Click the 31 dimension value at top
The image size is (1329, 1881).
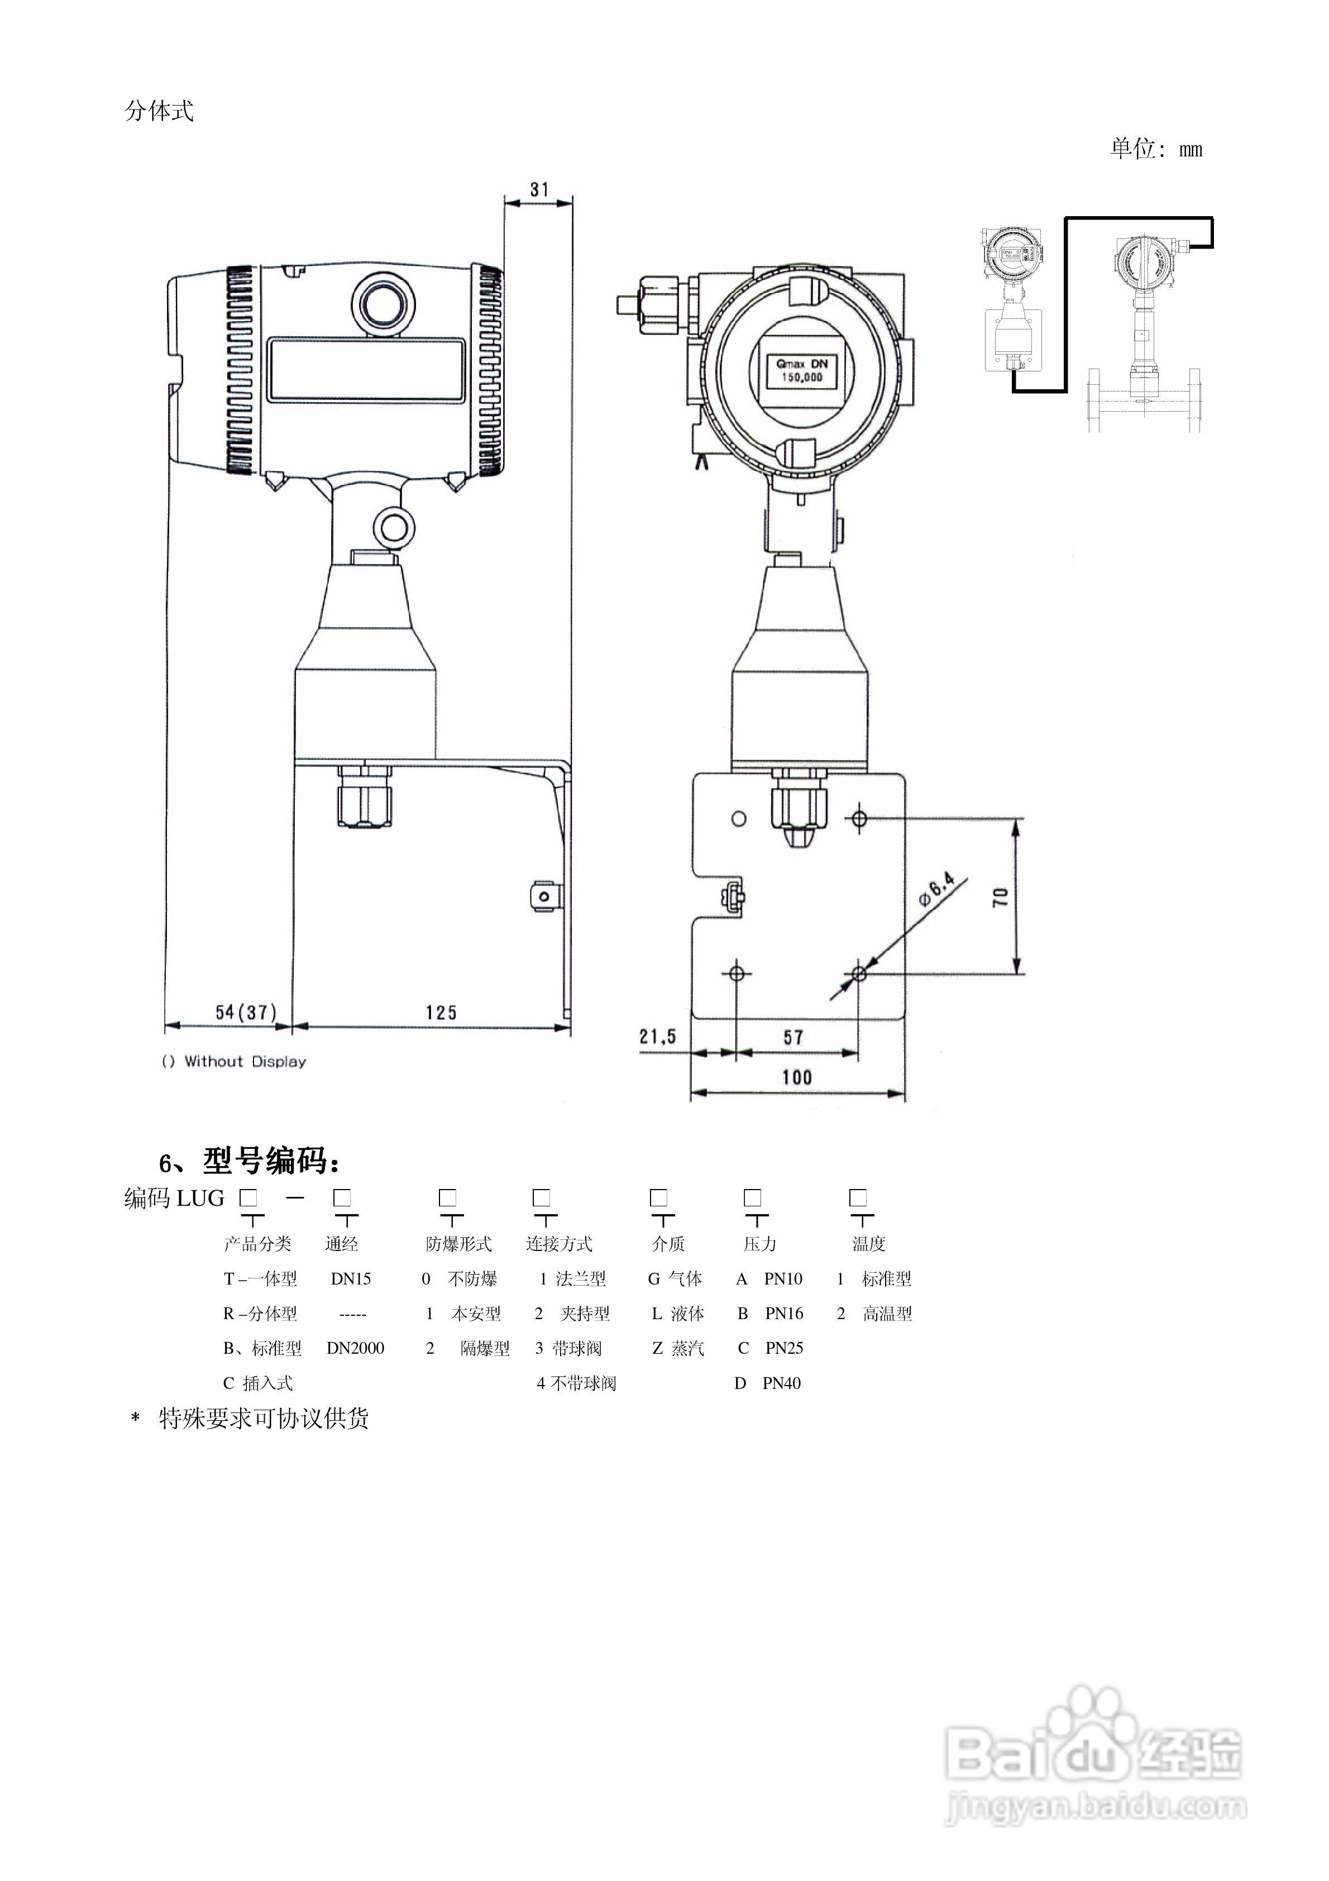pyautogui.click(x=539, y=189)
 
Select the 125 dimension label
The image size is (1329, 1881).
pyautogui.click(x=441, y=1013)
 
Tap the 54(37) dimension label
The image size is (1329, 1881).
pyautogui.click(x=246, y=1013)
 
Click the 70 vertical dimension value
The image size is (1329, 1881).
pyautogui.click(x=1001, y=896)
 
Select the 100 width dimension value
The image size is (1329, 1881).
pyautogui.click(x=797, y=1077)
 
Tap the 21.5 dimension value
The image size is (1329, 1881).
pyautogui.click(x=658, y=1037)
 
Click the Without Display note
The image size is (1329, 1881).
pyautogui.click(x=235, y=1062)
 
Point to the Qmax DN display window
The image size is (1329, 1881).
pyautogui.click(x=801, y=370)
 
